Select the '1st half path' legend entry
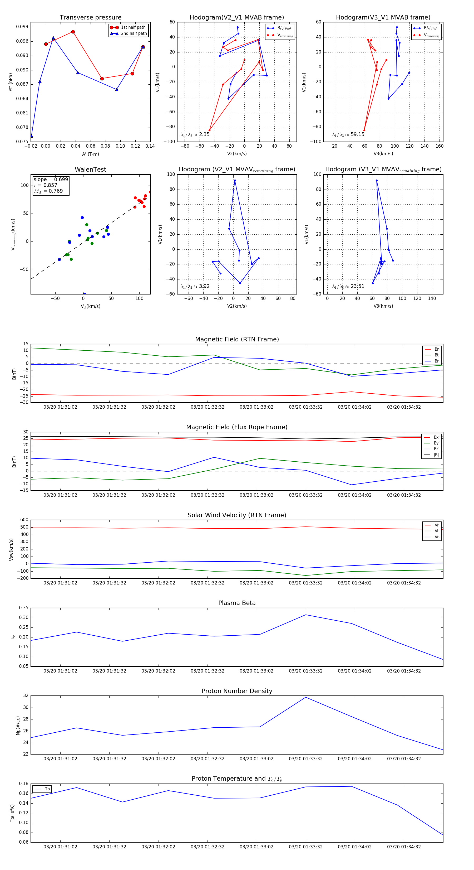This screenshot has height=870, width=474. pyautogui.click(x=133, y=27)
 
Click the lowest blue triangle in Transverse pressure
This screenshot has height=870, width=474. pyautogui.click(x=31, y=136)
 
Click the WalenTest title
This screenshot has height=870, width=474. pyautogui.click(x=90, y=170)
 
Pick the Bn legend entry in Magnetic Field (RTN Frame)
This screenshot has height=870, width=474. pyautogui.click(x=437, y=361)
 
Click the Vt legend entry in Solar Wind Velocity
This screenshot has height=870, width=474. pyautogui.click(x=437, y=531)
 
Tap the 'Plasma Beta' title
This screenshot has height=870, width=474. pyautogui.click(x=237, y=603)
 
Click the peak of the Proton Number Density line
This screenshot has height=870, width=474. pyautogui.click(x=306, y=697)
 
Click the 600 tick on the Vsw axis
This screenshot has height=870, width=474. pyautogui.click(x=24, y=520)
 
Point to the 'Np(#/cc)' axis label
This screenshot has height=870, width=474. pyautogui.click(x=18, y=726)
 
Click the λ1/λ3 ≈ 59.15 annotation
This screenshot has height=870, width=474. pyautogui.click(x=348, y=134)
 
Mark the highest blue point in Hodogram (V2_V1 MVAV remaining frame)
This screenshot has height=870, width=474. pyautogui.click(x=235, y=181)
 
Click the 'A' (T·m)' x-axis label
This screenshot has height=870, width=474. pyautogui.click(x=90, y=154)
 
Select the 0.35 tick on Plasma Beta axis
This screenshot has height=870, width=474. pyautogui.click(x=24, y=608)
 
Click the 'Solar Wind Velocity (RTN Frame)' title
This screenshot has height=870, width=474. pyautogui.click(x=237, y=515)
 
